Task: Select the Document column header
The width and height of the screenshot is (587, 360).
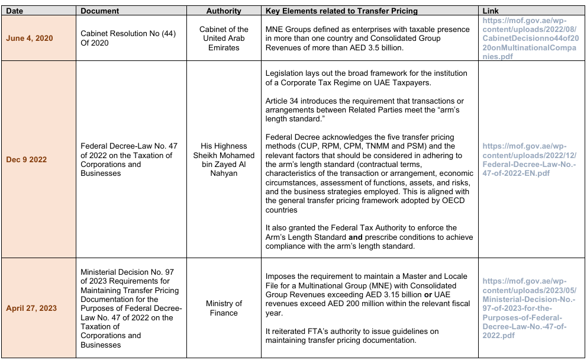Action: [99, 11]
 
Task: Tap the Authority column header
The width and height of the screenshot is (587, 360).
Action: [224, 11]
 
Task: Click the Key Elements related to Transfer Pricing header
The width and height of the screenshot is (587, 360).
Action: [341, 11]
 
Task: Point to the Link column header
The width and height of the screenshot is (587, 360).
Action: [491, 11]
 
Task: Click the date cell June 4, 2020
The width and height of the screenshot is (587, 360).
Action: [38, 38]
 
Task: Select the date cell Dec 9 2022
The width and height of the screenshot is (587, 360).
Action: [27, 159]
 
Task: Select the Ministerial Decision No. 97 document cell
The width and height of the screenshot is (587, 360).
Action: [131, 308]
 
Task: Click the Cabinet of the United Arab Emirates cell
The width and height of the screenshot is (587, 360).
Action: [224, 38]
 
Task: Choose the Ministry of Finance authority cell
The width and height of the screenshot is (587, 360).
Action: [224, 308]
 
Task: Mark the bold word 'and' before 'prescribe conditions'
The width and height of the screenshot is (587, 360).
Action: [357, 237]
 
